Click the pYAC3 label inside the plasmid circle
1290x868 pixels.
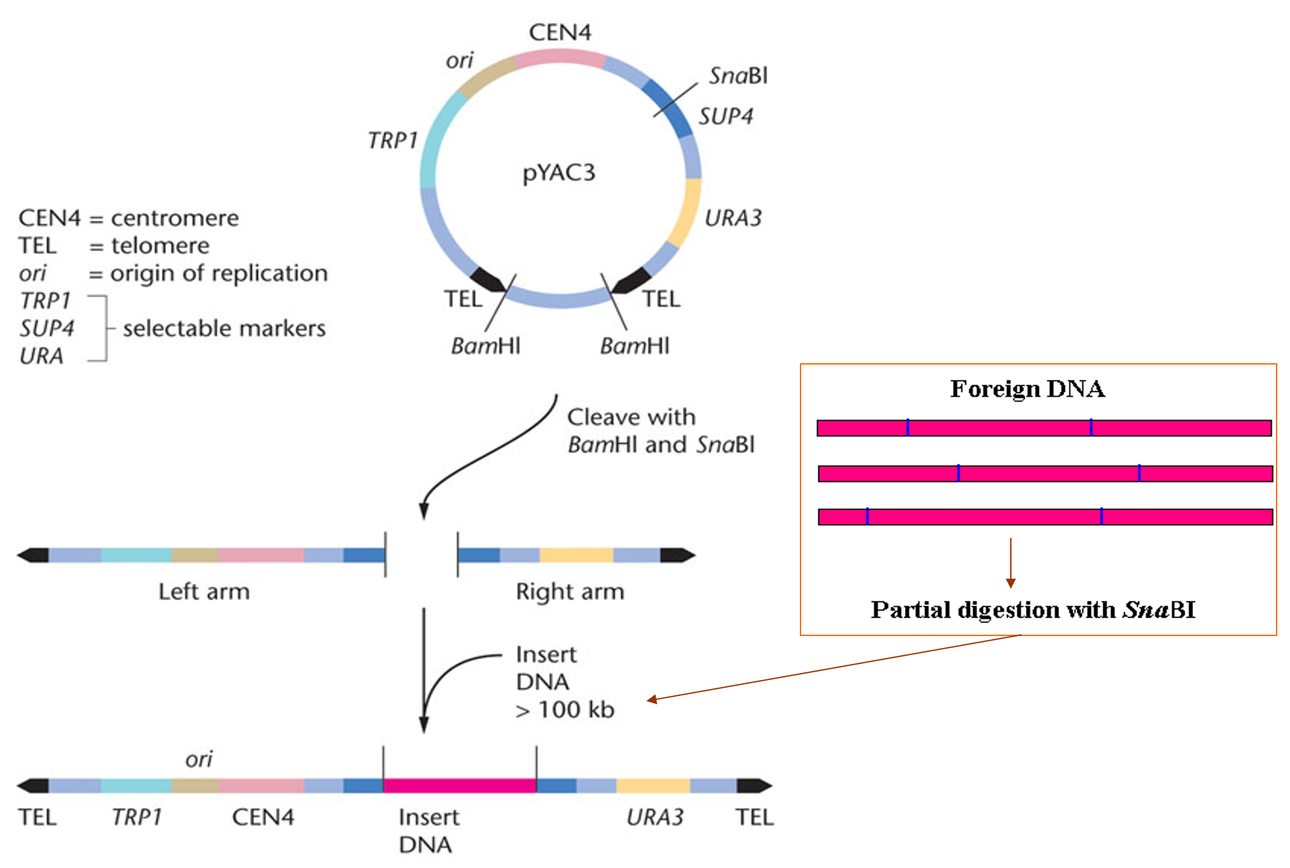pyautogui.click(x=559, y=173)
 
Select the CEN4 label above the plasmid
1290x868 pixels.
pyautogui.click(x=560, y=33)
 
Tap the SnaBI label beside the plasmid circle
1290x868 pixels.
pyautogui.click(x=738, y=76)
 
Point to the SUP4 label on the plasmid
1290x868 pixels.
pyautogui.click(x=725, y=116)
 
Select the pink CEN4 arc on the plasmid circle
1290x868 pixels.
pyautogui.click(x=560, y=58)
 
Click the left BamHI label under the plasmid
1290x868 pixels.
pyautogui.click(x=486, y=346)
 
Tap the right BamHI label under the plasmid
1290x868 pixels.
pyautogui.click(x=635, y=346)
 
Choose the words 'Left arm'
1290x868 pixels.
pyautogui.click(x=204, y=591)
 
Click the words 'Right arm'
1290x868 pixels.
pyautogui.click(x=570, y=591)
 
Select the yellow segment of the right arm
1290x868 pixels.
pyautogui.click(x=576, y=555)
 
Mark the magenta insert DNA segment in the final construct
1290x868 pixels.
pyautogui.click(x=460, y=785)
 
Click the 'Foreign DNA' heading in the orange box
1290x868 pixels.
pyautogui.click(x=1027, y=389)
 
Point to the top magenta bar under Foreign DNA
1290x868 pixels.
pyautogui.click(x=1044, y=428)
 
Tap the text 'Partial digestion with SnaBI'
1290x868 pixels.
pyautogui.click(x=1033, y=610)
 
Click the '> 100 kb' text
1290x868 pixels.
pyautogui.click(x=565, y=710)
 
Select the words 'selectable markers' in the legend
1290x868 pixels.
pyautogui.click(x=224, y=328)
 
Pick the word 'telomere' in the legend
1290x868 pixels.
pyautogui.click(x=160, y=245)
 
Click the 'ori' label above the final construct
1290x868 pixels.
pyautogui.click(x=199, y=759)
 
